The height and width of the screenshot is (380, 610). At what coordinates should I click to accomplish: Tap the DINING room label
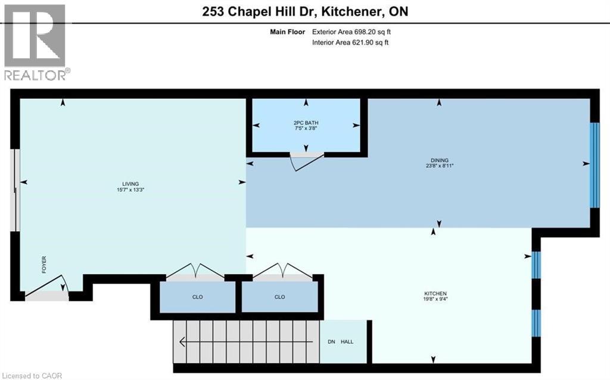(439, 160)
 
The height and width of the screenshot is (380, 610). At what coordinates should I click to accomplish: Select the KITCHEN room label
(435, 294)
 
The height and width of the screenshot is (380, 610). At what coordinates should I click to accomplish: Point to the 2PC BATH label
(306, 123)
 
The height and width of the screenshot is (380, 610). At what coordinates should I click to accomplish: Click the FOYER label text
(43, 264)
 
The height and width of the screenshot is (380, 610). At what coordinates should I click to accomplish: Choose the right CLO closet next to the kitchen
(279, 297)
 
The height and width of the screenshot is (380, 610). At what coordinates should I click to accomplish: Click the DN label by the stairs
(331, 342)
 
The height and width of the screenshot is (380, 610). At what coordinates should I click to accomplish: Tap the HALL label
(348, 342)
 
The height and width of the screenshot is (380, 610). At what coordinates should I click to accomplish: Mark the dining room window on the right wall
(594, 165)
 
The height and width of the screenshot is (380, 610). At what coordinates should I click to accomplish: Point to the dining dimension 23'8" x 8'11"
(439, 167)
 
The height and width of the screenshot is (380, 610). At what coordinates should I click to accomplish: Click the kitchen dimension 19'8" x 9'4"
(435, 300)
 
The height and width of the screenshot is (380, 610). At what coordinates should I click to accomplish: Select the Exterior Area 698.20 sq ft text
(351, 32)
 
